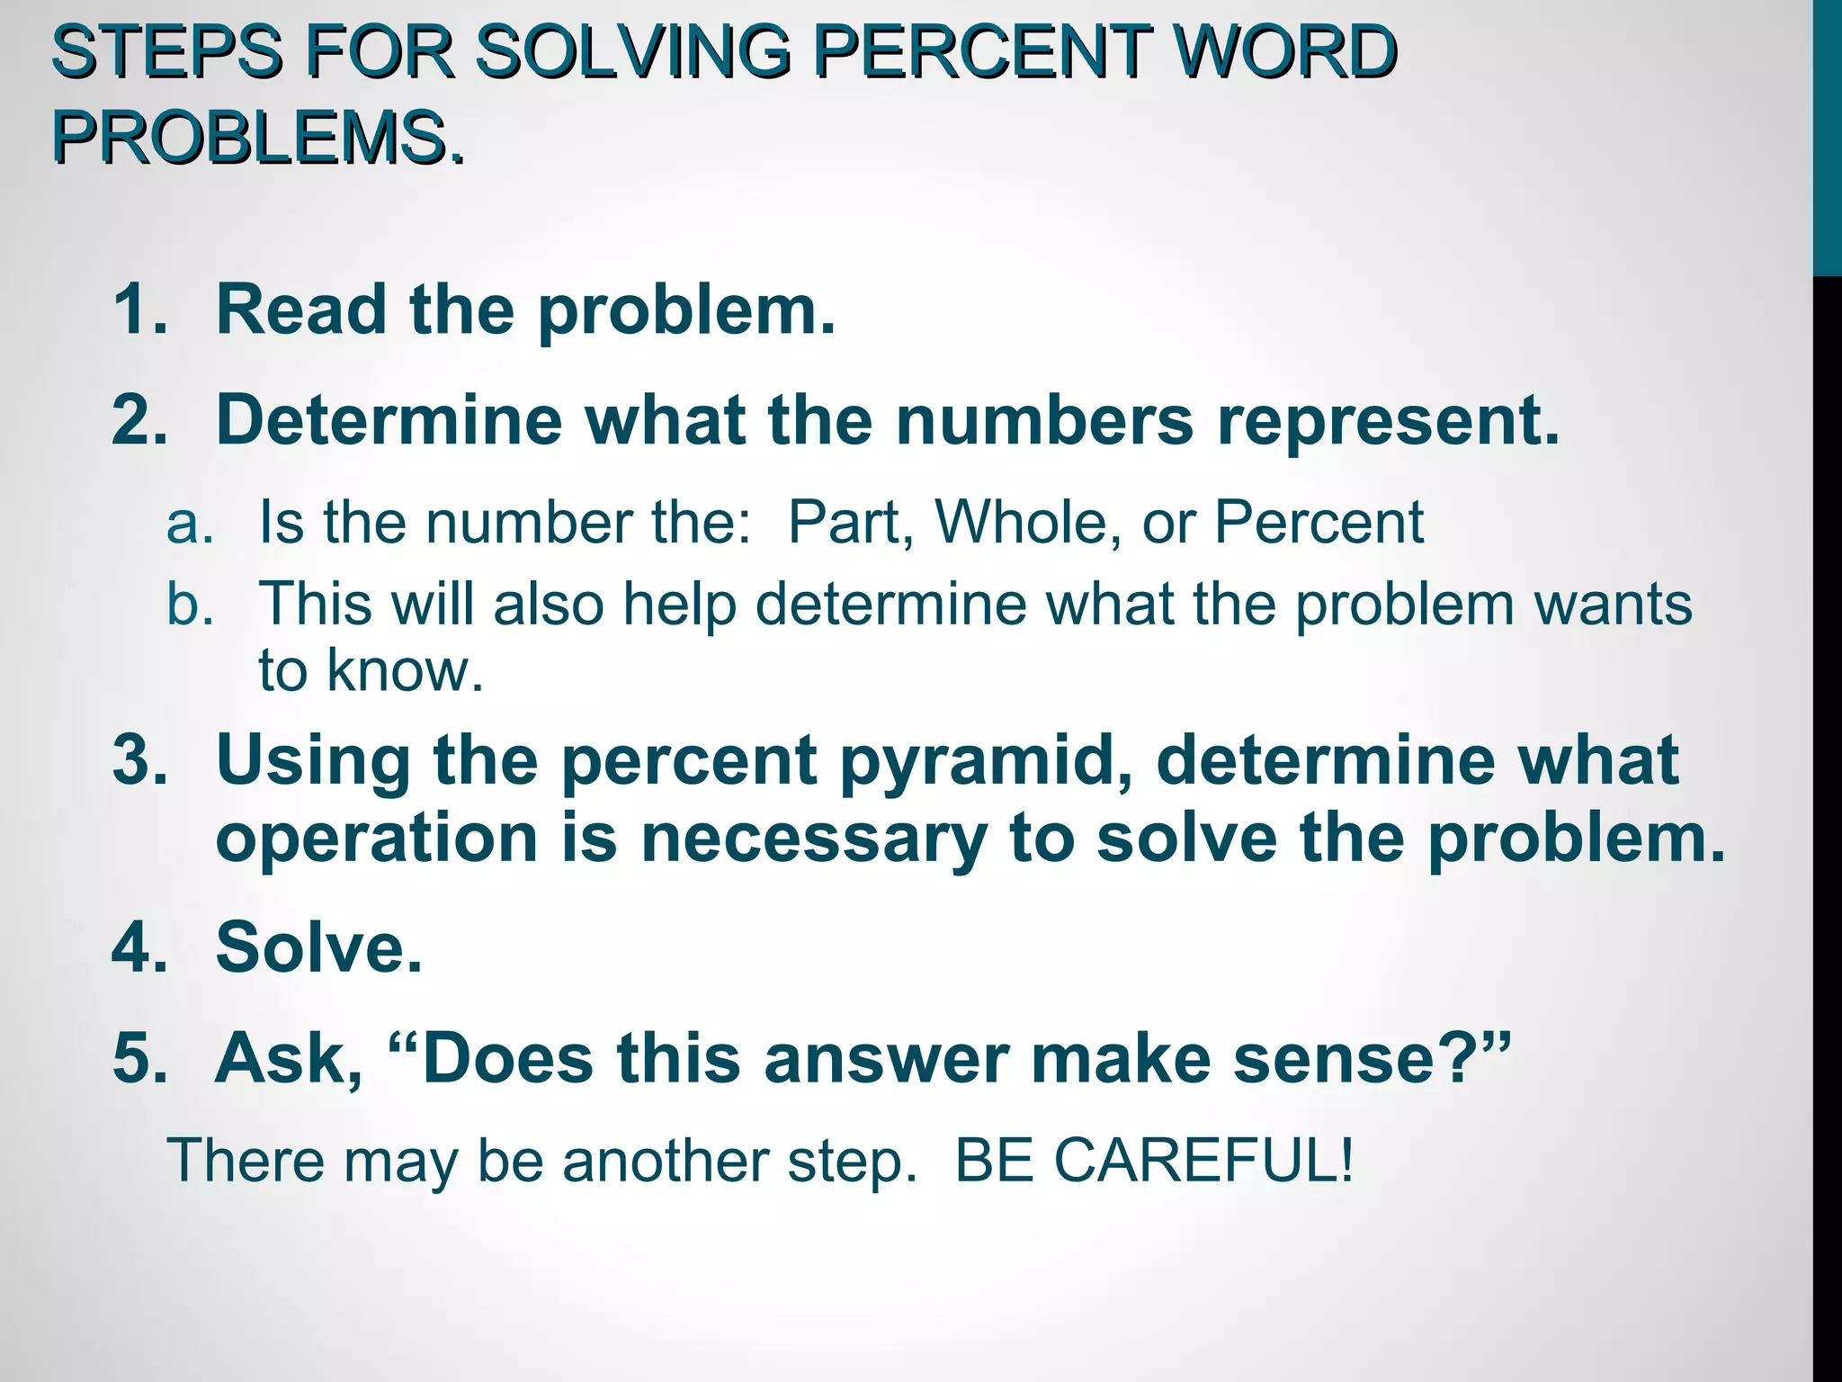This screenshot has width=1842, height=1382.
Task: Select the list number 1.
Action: [139, 309]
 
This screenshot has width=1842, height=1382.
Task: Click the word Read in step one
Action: [301, 309]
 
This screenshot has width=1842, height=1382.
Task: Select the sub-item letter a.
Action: [190, 523]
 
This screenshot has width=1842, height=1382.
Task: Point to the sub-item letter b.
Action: [190, 603]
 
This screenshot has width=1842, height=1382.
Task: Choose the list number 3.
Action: [139, 759]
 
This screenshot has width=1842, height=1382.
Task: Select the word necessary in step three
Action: [813, 839]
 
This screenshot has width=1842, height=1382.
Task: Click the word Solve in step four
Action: [317, 947]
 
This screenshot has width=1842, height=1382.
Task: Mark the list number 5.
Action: [139, 1058]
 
